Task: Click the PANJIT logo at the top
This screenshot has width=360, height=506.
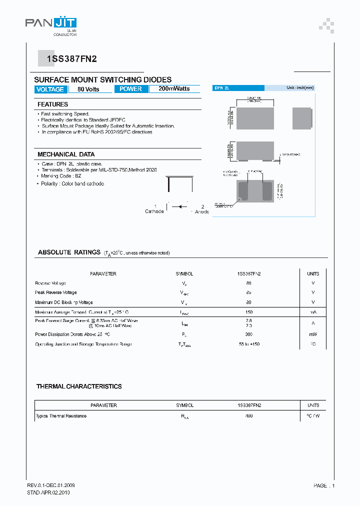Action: tap(50, 23)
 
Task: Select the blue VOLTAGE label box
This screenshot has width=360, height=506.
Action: tap(50, 89)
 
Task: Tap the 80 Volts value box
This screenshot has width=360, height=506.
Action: tap(88, 89)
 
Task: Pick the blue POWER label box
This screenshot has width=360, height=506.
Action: tap(131, 89)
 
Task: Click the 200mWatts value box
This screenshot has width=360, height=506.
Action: tap(174, 89)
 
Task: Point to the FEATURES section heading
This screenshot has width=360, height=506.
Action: tap(52, 104)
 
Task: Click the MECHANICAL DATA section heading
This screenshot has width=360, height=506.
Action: tap(66, 154)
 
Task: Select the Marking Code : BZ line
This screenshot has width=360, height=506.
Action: tap(61, 176)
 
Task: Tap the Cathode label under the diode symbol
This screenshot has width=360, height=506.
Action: tap(154, 211)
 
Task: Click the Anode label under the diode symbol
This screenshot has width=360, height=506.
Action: tap(202, 211)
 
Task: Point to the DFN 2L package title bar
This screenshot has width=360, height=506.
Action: tap(238, 87)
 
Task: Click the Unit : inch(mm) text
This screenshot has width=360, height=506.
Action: tap(300, 87)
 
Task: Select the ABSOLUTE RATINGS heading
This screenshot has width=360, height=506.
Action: tap(69, 252)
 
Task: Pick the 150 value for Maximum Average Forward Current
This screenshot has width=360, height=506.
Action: tap(248, 312)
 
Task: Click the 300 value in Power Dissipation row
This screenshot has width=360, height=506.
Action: tap(248, 333)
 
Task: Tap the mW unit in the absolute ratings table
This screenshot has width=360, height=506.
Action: tap(313, 333)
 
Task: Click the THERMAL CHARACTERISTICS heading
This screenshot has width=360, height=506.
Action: tap(79, 386)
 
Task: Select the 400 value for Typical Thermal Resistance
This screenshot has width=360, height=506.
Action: tap(248, 416)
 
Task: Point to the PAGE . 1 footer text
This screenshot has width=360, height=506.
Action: tap(324, 485)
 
